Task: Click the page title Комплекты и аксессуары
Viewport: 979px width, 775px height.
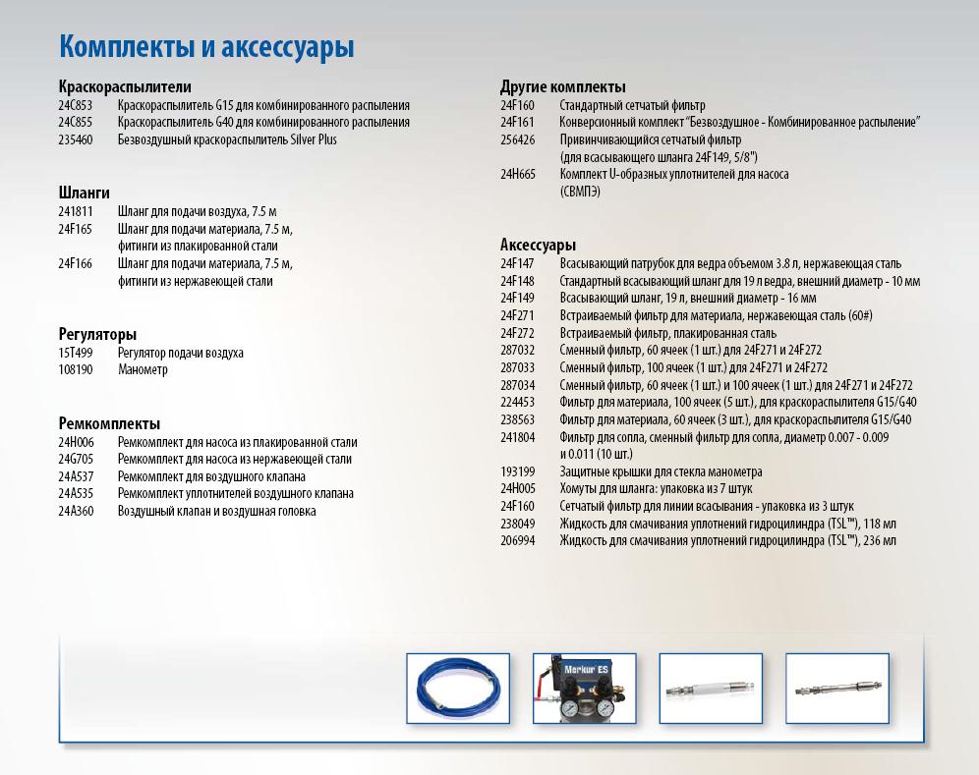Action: point(206,47)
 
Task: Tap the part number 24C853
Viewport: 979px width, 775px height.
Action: point(76,105)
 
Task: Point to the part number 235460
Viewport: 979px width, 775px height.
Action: point(76,140)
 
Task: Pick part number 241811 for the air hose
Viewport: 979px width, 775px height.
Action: point(76,210)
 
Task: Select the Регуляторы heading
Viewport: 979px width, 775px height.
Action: point(97,335)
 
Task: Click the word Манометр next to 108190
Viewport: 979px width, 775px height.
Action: point(143,370)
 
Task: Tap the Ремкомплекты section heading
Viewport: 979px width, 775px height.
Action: point(109,423)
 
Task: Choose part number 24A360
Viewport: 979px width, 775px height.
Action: point(76,511)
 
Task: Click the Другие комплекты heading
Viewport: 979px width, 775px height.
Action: point(563,87)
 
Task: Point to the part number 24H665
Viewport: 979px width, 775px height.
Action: point(518,174)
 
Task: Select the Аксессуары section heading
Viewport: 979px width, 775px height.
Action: point(539,246)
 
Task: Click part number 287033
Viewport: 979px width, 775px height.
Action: point(518,367)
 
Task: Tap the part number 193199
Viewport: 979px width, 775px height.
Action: point(518,471)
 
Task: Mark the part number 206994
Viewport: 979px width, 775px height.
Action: point(518,541)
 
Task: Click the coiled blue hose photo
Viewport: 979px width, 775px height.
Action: point(458,689)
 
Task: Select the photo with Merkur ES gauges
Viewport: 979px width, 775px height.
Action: point(584,689)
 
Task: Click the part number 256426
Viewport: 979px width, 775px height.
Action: point(518,139)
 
